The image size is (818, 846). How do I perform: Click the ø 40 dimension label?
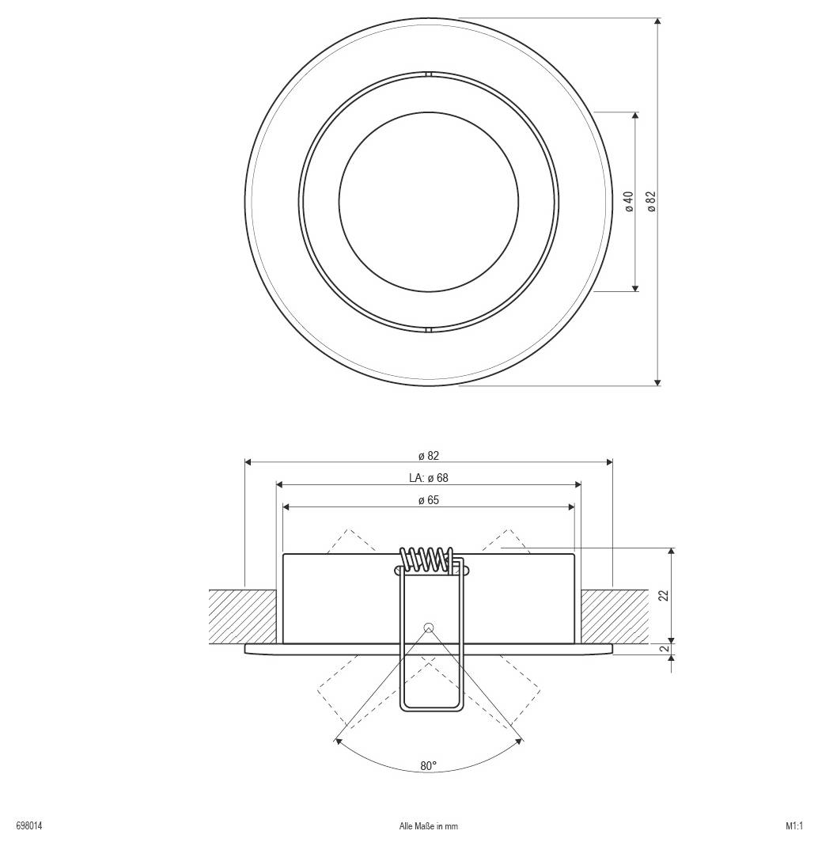pos(629,202)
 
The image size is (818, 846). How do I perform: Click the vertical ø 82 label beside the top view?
pos(651,202)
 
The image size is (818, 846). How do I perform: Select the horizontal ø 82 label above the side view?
pos(429,456)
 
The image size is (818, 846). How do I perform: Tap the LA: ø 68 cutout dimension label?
pos(429,478)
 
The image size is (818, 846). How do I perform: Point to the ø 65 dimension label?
pos(429,500)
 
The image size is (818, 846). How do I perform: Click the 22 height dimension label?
pos(664,595)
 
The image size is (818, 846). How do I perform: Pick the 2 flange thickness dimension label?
pos(665,649)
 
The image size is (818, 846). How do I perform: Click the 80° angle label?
pos(429,766)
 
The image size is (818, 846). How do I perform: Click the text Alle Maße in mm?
pos(429,826)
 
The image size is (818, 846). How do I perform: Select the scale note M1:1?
pos(794,826)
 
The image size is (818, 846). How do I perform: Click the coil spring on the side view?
pos(428,559)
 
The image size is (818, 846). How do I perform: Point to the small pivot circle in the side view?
pos(429,628)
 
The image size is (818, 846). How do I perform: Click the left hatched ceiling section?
pos(242,616)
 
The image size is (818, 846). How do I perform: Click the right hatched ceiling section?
pos(615,616)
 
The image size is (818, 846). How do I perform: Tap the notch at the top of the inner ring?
pos(428,75)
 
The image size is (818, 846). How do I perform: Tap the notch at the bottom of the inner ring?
pos(428,329)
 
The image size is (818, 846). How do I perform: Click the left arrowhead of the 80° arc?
pos(339,742)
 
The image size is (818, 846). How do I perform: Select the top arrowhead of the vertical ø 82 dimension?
pos(657,22)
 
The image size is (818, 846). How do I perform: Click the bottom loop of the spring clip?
pos(430,707)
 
